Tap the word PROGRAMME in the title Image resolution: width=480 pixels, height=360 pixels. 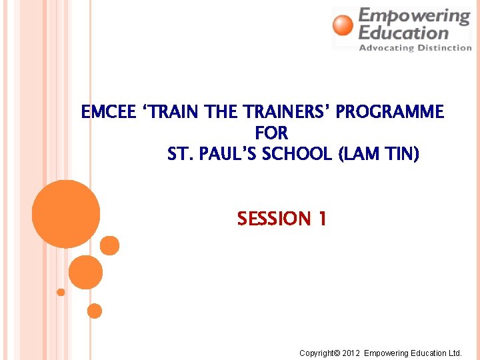point(389,113)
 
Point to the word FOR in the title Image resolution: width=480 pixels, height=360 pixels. point(271,133)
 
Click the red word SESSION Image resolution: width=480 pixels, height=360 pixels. point(274,219)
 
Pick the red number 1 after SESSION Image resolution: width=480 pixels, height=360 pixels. point(322,219)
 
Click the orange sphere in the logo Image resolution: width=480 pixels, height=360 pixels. point(343,25)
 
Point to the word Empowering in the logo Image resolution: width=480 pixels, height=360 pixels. point(414,16)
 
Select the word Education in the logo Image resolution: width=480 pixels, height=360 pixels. point(403,32)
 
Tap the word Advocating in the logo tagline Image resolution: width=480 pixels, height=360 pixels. point(385,47)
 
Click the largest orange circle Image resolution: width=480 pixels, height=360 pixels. point(66,214)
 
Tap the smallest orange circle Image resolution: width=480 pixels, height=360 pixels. point(61,292)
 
